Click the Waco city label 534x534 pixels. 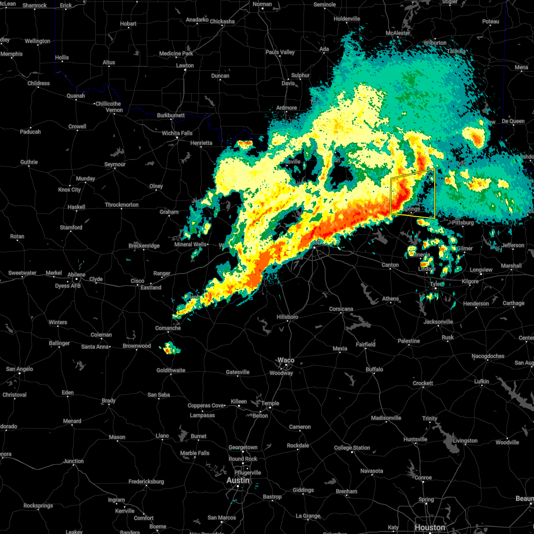286,360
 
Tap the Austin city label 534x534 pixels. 238,481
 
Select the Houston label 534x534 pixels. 429,528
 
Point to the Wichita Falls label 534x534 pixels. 177,133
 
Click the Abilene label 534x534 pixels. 77,275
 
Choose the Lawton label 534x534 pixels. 185,65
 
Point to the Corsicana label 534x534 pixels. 341,309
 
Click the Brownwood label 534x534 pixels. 137,346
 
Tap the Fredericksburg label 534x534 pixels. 146,481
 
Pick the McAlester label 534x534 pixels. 398,33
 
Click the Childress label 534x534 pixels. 39,83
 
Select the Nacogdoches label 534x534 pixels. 488,356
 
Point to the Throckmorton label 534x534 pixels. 122,205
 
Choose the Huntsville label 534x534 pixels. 415,439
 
